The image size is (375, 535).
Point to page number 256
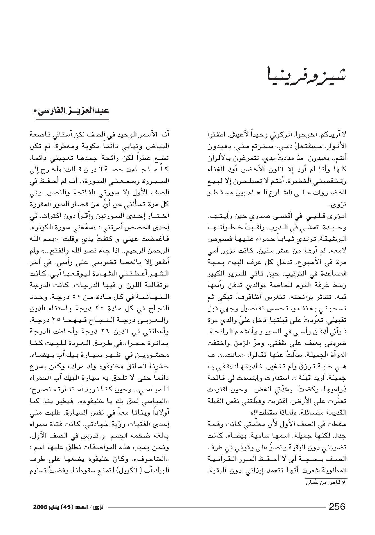click(337, 507)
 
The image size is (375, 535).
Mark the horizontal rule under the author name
click(72, 119)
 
